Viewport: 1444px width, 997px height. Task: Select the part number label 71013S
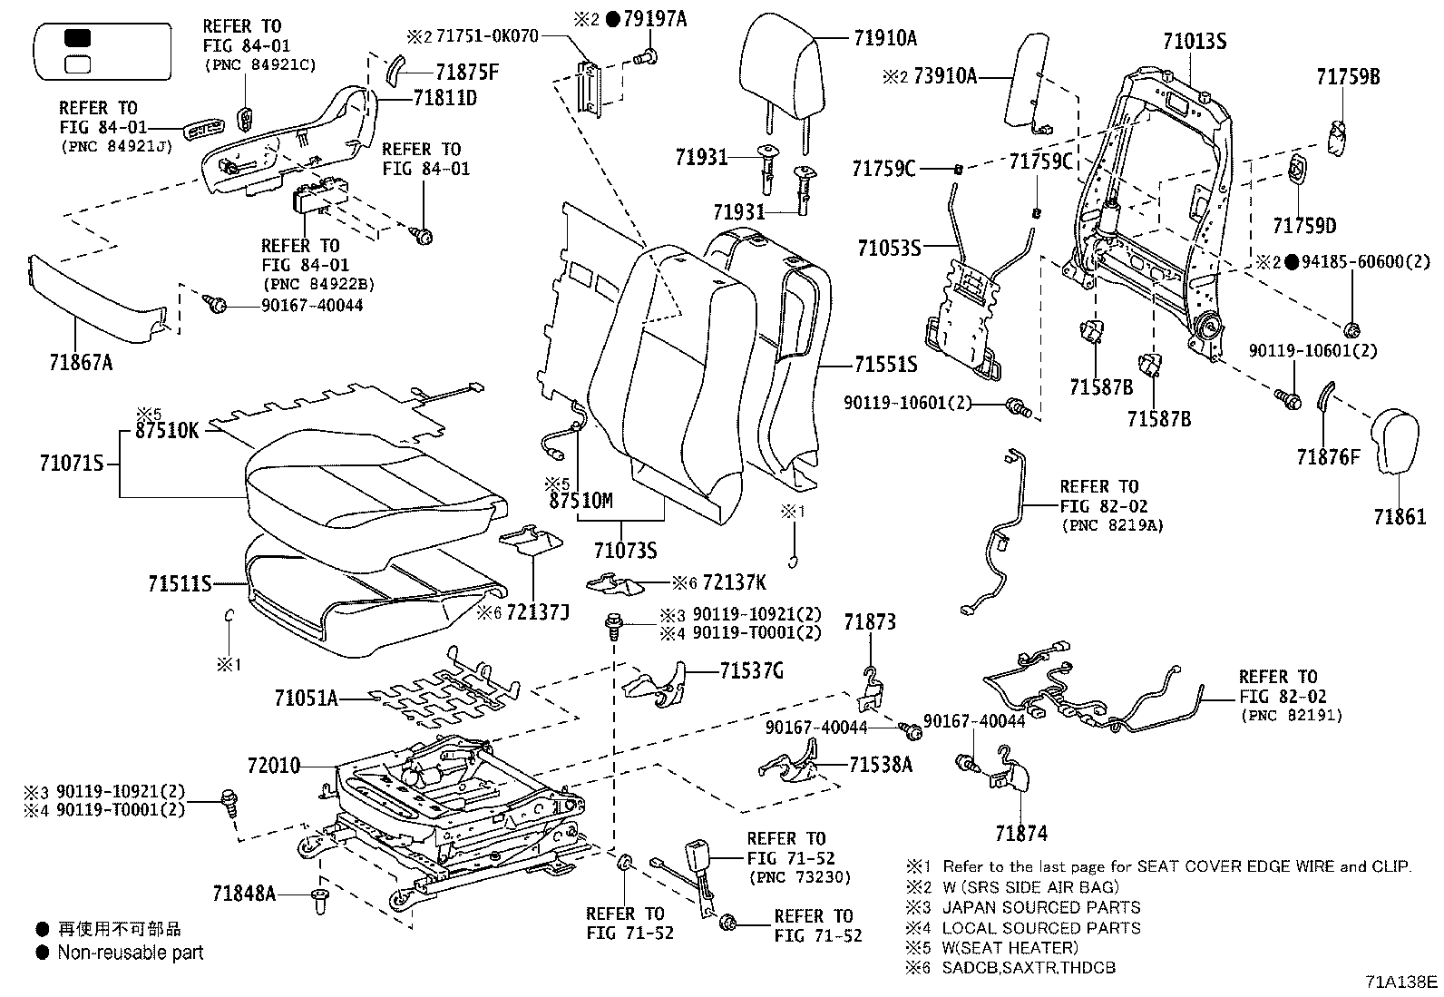1195,41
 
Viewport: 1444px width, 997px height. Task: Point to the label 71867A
82,363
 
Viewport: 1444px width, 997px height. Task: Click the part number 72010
273,766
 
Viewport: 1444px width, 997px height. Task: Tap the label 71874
1020,833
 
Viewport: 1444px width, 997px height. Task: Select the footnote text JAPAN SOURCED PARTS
1040,907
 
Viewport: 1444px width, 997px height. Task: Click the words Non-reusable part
130,953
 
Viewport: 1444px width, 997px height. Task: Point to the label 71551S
885,365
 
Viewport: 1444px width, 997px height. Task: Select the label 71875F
466,73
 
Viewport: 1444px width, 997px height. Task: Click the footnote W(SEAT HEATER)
1010,947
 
